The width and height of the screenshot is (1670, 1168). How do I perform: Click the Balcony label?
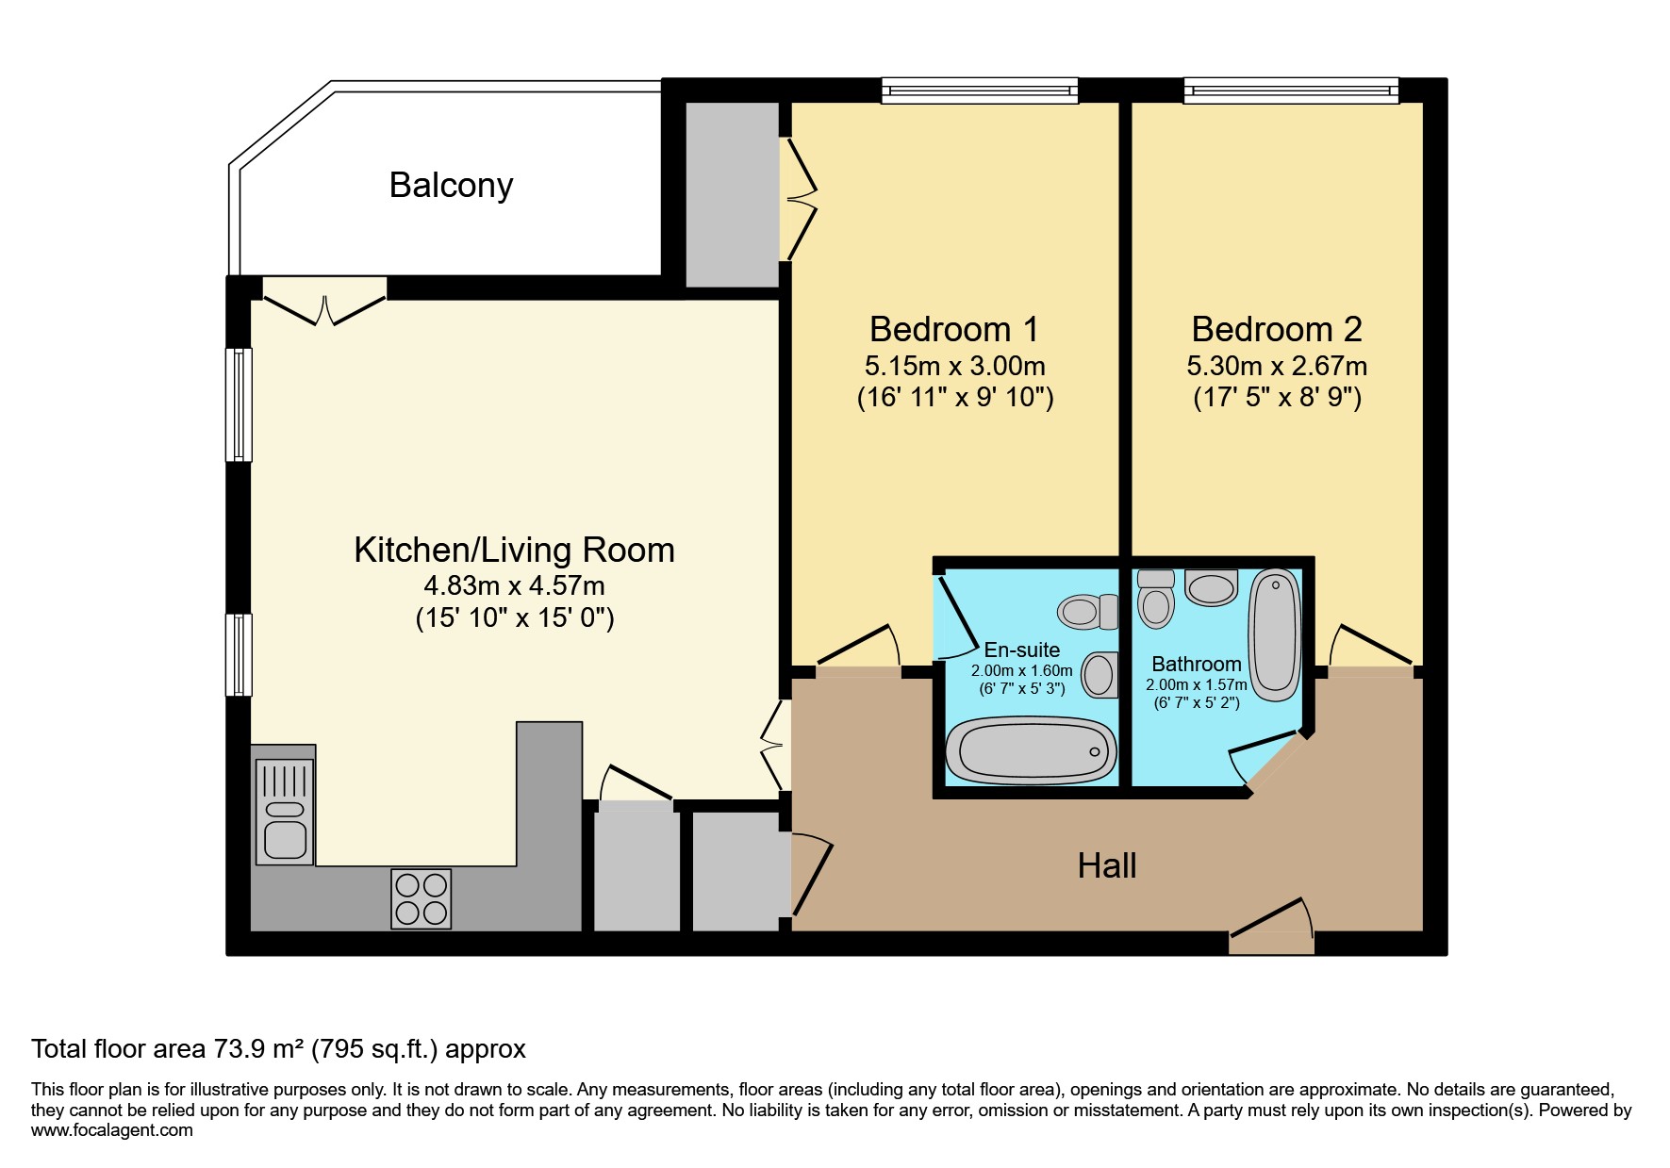[x=451, y=185]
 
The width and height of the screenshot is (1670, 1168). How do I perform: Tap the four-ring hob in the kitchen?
[x=422, y=898]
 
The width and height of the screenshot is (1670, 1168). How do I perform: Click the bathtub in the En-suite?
[x=1031, y=751]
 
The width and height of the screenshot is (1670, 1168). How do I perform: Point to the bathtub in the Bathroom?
[x=1274, y=633]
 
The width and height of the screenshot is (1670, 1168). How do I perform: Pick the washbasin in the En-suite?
[x=1099, y=675]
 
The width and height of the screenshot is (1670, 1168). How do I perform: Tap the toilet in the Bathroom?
[x=1156, y=600]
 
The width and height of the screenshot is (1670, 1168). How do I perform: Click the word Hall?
[x=1107, y=865]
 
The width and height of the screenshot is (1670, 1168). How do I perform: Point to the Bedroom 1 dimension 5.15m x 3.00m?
[x=954, y=366]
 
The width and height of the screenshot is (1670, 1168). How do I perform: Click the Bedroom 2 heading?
[x=1277, y=329]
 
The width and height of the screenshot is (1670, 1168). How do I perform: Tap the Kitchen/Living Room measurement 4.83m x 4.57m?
[x=514, y=585]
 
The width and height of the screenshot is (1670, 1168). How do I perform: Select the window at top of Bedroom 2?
[x=1291, y=90]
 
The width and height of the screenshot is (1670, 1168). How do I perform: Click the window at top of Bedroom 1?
[x=980, y=90]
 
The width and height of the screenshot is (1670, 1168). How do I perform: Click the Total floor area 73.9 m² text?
[x=278, y=1048]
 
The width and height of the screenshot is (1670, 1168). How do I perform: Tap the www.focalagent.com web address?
[x=111, y=1130]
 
